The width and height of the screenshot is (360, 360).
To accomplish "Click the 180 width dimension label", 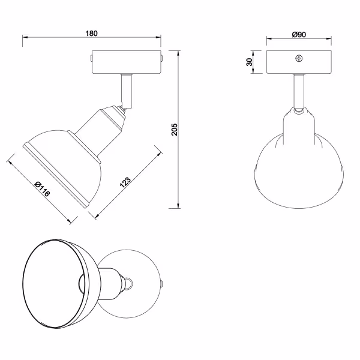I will coord(92,34).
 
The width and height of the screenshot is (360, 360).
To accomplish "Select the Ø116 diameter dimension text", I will coord(42,190).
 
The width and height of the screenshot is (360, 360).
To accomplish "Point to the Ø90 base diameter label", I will coord(299,35).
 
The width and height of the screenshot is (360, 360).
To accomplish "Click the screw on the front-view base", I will coord(299,59).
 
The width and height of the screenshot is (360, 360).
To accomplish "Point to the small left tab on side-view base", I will coord(89,59).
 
